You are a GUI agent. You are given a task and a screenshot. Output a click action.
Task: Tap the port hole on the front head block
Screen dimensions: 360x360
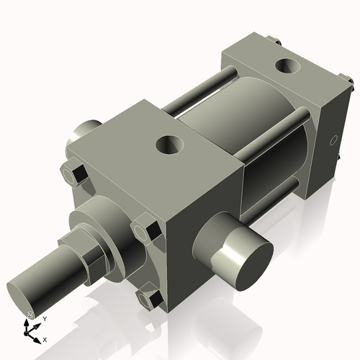pos(171,145)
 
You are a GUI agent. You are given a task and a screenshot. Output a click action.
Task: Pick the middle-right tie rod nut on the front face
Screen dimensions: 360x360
pos(150,232)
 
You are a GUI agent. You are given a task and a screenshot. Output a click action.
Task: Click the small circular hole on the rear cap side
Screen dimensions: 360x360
pos(332,138)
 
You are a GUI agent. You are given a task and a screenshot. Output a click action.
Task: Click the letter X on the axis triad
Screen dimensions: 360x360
pos(45,338)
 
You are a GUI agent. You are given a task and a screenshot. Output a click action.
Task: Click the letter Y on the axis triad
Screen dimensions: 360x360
pos(45,318)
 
